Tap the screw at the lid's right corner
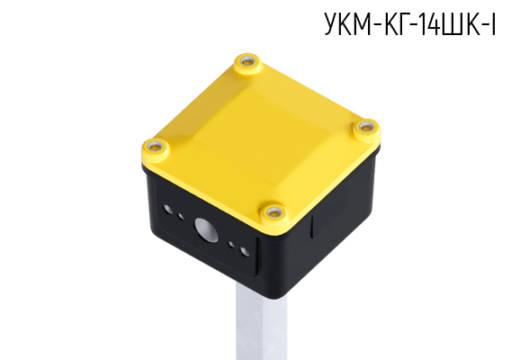(366, 127)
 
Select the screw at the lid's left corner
(155, 147)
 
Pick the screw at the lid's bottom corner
(273, 212)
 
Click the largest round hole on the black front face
(206, 229)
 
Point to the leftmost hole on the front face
(168, 210)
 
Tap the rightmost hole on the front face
(245, 251)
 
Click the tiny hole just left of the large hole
(181, 217)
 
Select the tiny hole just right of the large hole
(231, 245)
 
